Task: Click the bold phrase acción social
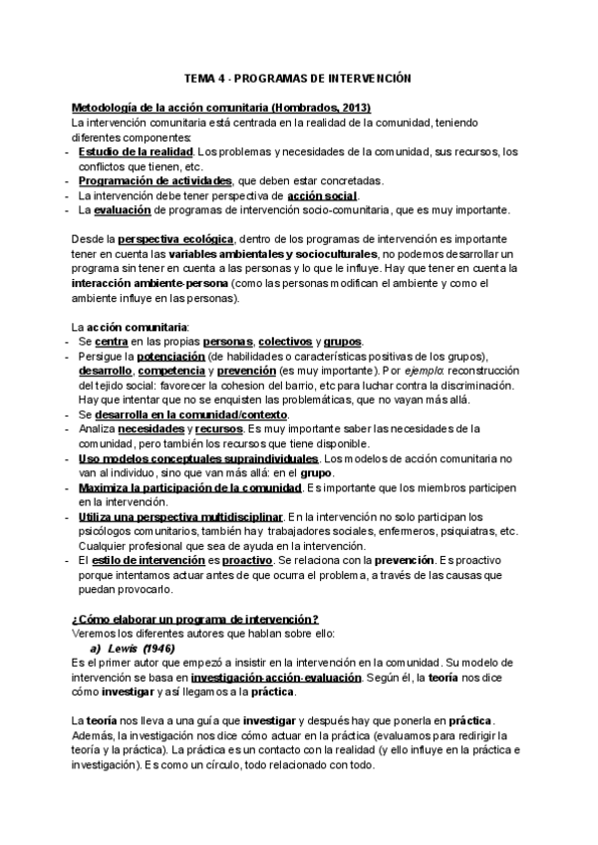coord(321,195)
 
